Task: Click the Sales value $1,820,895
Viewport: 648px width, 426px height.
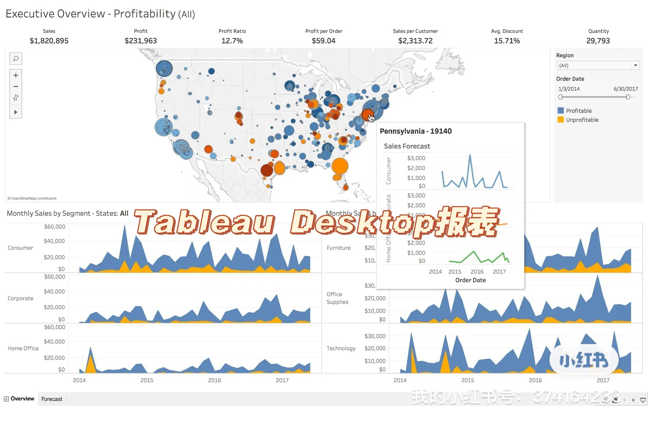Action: [49, 41]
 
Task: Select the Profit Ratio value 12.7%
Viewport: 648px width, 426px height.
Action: [232, 41]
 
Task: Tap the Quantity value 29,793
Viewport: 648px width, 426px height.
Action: [598, 41]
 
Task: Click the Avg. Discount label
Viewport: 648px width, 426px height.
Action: [507, 31]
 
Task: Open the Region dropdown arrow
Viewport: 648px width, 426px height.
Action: [635, 65]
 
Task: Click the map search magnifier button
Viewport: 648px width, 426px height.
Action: [16, 59]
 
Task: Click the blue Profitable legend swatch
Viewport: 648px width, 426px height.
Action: [561, 111]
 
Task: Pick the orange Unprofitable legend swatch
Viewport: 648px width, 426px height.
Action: [561, 120]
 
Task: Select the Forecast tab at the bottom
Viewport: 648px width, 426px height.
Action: [52, 399]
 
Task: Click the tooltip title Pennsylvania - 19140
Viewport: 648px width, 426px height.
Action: [416, 131]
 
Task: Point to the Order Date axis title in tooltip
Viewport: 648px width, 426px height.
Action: [470, 280]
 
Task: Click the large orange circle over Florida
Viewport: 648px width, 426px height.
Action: [340, 166]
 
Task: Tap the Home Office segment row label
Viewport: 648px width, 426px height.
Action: [23, 348]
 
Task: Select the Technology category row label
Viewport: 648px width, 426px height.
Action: [341, 348]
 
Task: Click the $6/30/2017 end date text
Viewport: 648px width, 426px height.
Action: [625, 89]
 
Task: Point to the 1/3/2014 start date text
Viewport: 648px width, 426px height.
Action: [569, 89]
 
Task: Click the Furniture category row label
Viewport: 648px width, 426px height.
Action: [339, 248]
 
